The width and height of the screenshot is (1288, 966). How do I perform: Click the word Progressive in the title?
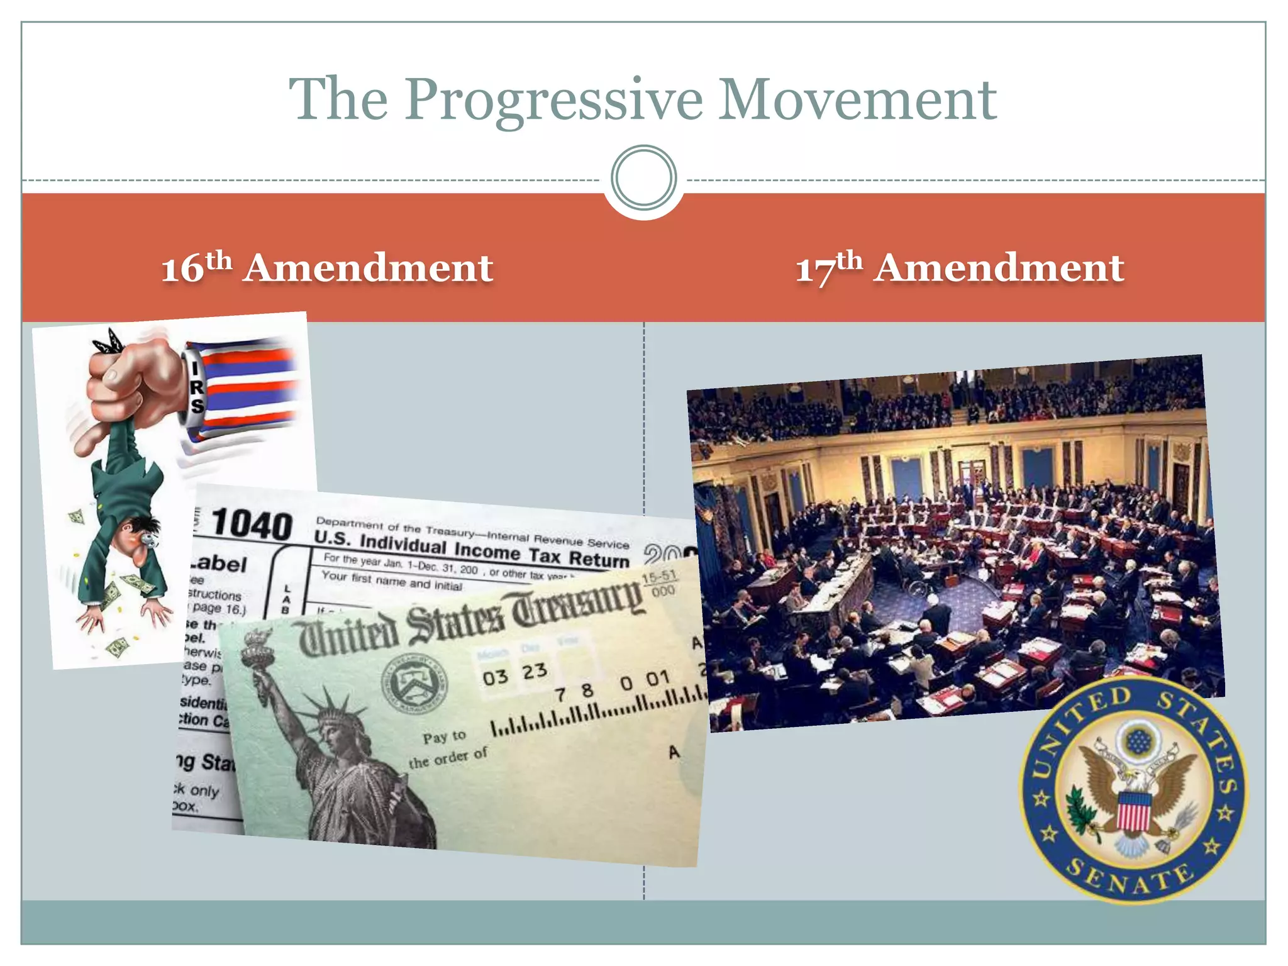(553, 101)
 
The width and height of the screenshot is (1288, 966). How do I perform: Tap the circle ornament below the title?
(643, 177)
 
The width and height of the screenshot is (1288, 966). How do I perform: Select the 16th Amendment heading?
(327, 268)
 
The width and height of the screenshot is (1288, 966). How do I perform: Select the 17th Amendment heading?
(960, 268)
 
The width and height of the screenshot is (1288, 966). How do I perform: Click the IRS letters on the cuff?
(197, 387)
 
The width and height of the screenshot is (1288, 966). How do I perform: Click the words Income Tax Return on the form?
(541, 553)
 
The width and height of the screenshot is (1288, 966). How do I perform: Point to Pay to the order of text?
(448, 748)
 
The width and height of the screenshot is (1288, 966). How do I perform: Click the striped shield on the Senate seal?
(1133, 811)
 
